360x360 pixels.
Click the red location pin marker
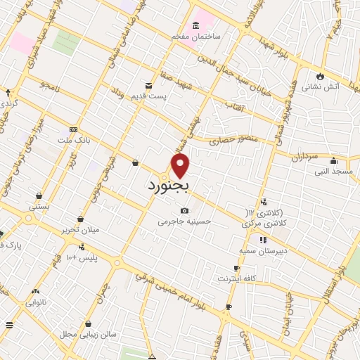(x=181, y=165)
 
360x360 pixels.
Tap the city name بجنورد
(x=169, y=186)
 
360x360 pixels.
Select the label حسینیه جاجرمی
(x=184, y=221)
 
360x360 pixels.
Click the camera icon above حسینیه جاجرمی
(x=184, y=210)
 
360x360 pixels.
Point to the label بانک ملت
(x=74, y=141)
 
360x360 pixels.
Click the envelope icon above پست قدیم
(x=148, y=86)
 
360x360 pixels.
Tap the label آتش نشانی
(x=321, y=88)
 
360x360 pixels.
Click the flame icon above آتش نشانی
(x=321, y=76)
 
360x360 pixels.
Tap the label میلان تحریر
(x=81, y=230)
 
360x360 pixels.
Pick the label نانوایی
(x=36, y=303)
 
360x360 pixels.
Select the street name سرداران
(x=304, y=156)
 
